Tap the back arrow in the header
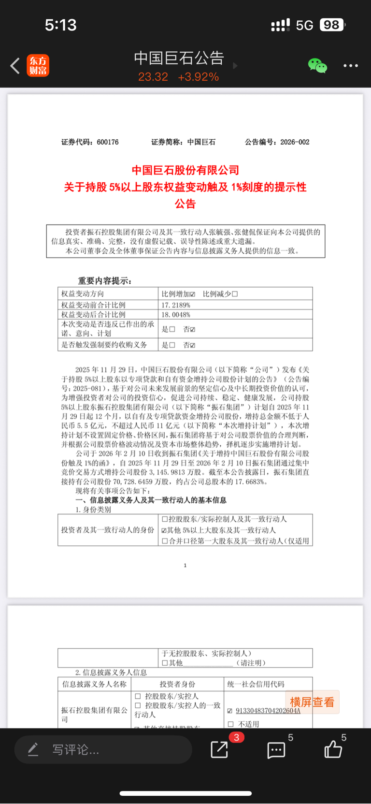pos(15,66)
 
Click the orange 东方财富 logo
pos(38,66)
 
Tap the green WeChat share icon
pos(317,66)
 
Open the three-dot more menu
pos(351,66)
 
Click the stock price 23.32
pos(153,77)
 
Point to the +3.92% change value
pos(198,77)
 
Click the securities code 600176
pos(108,142)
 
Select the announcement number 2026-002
pos(295,142)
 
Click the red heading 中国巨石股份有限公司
pos(185,170)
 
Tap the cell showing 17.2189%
pos(176,305)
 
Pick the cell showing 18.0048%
pos(176,315)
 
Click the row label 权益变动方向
pos(83,294)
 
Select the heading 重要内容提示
pos(105,281)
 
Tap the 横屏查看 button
pos(312,702)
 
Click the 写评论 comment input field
pos(103,750)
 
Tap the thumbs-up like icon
pos(333,750)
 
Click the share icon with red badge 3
pos(220,749)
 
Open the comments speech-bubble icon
pos(276,750)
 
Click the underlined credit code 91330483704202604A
pos(268,711)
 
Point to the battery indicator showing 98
pos(332,25)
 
